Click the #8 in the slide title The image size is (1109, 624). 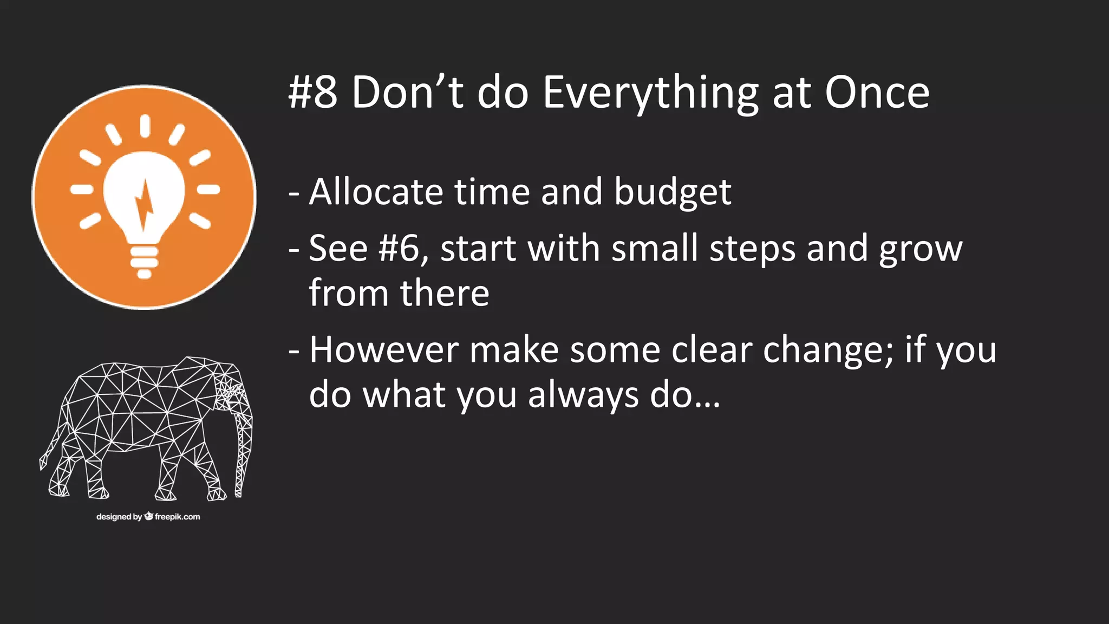point(312,92)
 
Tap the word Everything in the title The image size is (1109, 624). point(650,93)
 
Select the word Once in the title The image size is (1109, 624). point(877,92)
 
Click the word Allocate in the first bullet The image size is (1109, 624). point(376,192)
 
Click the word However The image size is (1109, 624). point(384,350)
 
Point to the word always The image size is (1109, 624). point(583,395)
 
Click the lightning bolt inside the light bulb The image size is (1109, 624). point(144,205)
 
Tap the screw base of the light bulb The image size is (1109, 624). point(144,261)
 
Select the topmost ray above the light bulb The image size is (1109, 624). point(145,125)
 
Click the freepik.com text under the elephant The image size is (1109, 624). point(177,517)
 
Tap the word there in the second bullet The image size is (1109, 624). point(445,294)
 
